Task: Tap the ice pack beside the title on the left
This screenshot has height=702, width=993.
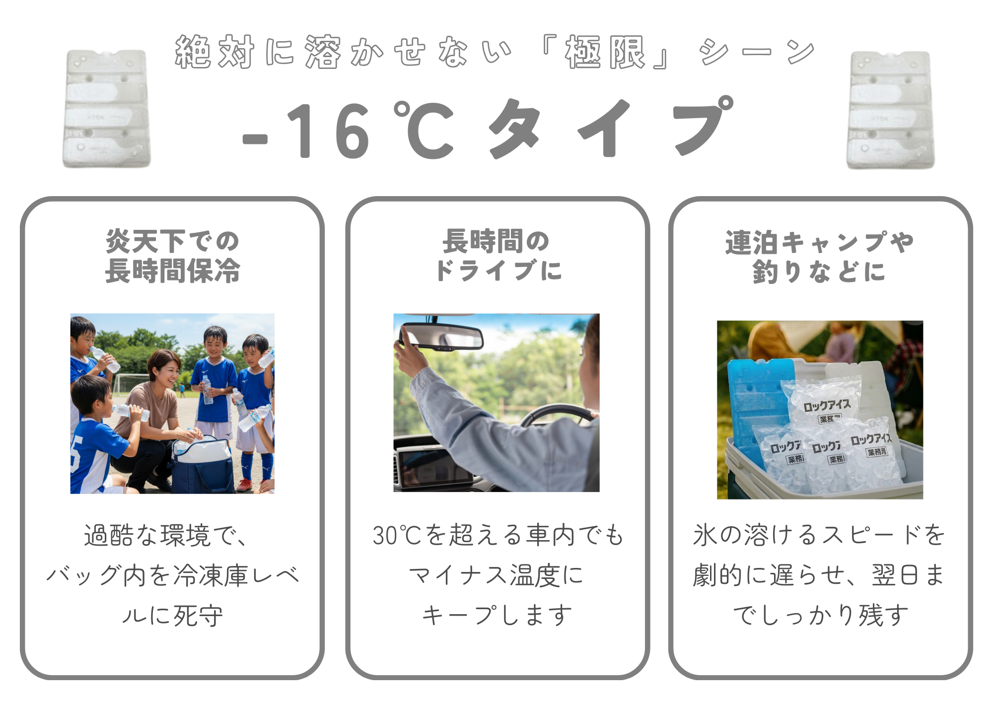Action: [x=106, y=108]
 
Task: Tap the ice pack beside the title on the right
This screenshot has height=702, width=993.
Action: [x=890, y=110]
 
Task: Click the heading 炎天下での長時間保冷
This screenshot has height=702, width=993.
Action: [x=172, y=256]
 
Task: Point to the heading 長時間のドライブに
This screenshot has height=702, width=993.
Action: [x=498, y=256]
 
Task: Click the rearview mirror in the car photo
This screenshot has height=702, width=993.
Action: [x=441, y=336]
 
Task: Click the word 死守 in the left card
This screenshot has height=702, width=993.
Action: [x=198, y=616]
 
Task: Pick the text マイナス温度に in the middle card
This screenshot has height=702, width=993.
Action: [x=496, y=575]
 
